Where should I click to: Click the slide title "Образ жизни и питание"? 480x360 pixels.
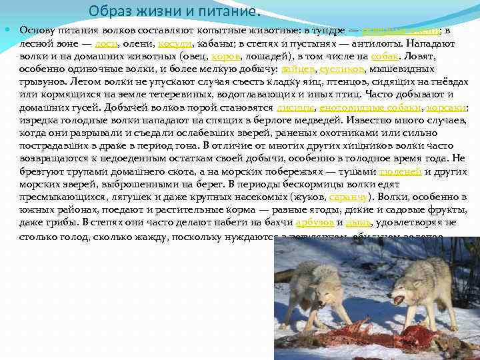(175, 11)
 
